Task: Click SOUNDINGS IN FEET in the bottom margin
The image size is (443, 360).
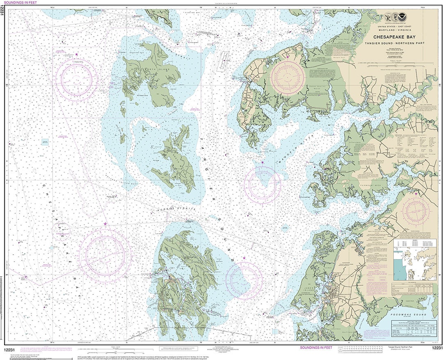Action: click(316, 348)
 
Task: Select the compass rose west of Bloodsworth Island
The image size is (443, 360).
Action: click(77, 80)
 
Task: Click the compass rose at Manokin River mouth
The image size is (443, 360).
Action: click(263, 185)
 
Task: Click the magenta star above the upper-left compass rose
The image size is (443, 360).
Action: click(76, 54)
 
